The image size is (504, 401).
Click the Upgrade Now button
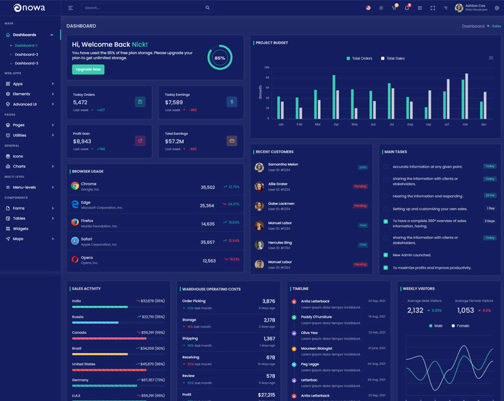88,69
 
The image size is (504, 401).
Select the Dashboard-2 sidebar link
26,54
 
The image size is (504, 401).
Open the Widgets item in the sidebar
21,228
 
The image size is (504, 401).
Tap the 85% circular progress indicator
219,57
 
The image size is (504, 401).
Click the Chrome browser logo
75,186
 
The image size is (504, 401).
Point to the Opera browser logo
75,259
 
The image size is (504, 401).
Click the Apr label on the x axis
336,124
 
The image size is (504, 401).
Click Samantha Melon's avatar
259,167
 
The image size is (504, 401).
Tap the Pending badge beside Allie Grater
360,187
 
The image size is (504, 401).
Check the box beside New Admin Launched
386,255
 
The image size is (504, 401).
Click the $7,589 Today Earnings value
174,102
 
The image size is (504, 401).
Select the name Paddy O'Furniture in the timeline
316,317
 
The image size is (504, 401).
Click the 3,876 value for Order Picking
268,301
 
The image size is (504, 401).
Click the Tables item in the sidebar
20,218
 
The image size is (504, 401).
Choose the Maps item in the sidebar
18,238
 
